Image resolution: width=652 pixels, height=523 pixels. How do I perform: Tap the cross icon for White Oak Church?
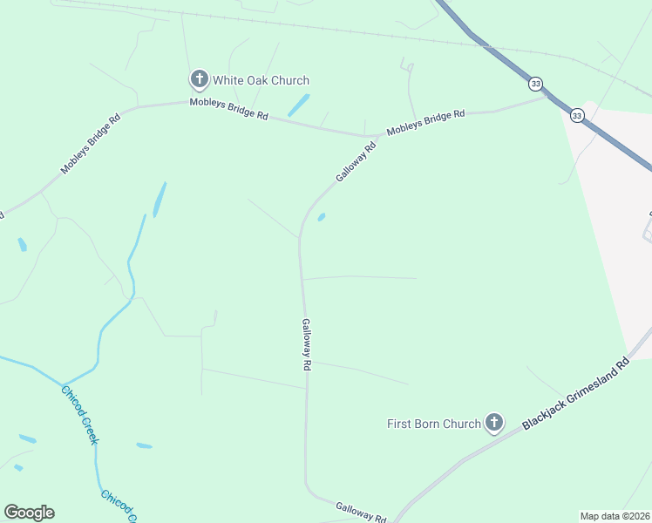[x=199, y=80]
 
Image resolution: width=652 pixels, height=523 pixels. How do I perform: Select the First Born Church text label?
[x=434, y=424]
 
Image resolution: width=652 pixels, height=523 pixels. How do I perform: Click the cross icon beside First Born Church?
[x=494, y=424]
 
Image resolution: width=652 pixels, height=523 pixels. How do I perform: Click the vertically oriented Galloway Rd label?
[x=306, y=345]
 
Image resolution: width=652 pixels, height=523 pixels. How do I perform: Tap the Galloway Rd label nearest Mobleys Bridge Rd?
[x=356, y=162]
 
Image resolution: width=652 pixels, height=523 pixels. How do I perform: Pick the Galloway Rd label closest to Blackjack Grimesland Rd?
[x=361, y=512]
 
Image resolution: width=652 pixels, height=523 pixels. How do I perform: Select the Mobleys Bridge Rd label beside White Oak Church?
[x=229, y=109]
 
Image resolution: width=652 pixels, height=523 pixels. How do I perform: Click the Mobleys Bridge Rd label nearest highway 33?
[x=426, y=122]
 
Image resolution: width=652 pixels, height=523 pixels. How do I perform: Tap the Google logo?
[x=29, y=513]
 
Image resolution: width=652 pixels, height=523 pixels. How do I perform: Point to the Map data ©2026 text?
[x=615, y=516]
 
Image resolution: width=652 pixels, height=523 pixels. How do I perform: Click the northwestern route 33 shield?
[x=535, y=84]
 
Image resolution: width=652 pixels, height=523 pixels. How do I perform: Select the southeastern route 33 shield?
[x=577, y=115]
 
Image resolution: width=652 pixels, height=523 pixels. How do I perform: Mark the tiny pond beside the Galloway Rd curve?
[x=322, y=217]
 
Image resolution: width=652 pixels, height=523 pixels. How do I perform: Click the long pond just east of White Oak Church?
[x=298, y=105]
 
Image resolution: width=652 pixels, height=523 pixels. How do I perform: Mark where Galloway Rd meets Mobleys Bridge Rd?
[x=377, y=136]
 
